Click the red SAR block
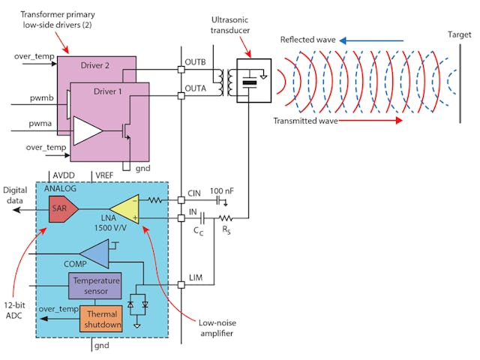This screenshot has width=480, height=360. tap(61, 212)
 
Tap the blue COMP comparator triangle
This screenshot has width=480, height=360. tap(94, 254)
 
